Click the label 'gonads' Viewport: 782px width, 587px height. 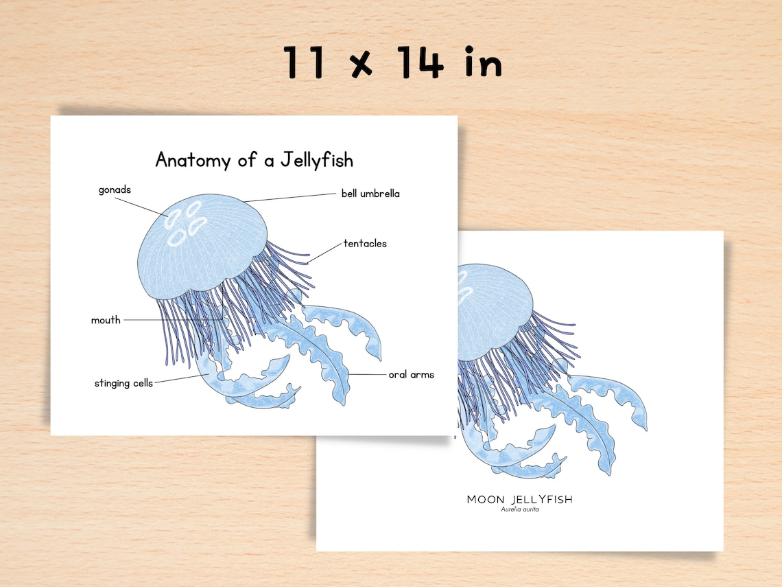pos(115,190)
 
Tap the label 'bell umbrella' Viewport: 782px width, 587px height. pos(370,194)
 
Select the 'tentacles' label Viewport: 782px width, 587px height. pos(365,243)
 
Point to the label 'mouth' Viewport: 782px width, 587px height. pos(106,320)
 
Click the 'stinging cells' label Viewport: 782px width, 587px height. pos(123,383)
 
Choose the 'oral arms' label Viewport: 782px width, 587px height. pos(412,375)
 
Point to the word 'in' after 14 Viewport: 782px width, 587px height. pos(482,63)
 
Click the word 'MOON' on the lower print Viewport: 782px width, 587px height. pos(487,499)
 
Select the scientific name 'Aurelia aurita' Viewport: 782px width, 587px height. pos(519,509)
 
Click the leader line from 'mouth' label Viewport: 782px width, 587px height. pos(171,320)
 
